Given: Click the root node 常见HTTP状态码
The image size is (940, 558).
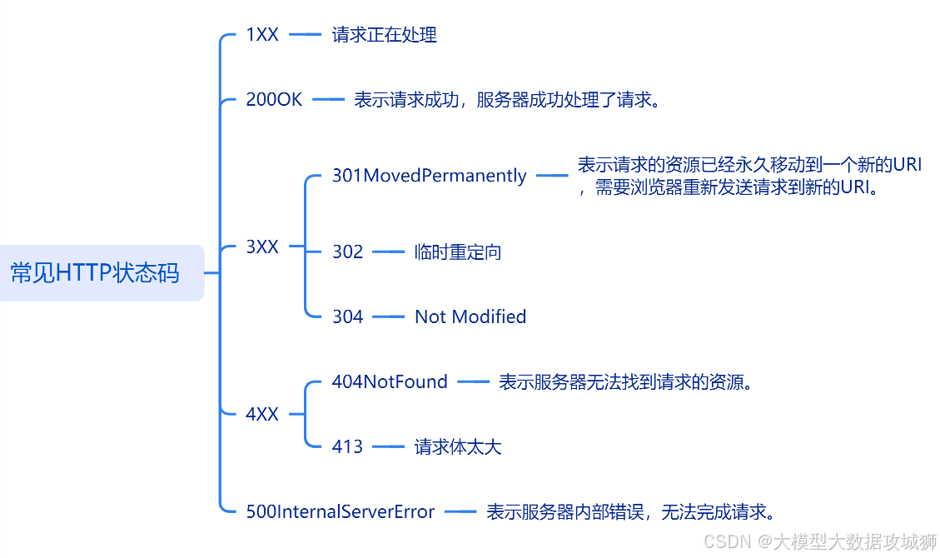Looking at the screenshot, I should tap(95, 273).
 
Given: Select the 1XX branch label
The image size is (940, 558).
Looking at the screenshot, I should tap(262, 35).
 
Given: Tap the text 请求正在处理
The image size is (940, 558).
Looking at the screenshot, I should tap(384, 35).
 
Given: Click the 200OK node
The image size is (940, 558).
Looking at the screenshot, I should tap(274, 100).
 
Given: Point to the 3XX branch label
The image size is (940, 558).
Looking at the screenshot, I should tap(262, 247).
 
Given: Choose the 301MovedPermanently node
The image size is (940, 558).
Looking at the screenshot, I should tap(429, 176).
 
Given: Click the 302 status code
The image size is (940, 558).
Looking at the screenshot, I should tap(347, 252).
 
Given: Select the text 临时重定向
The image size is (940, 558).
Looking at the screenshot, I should tap(458, 252).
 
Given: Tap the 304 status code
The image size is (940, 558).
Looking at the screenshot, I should tap(347, 316).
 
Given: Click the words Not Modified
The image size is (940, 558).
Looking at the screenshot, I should tap(470, 316).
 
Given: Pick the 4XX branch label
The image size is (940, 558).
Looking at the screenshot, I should tap(262, 414).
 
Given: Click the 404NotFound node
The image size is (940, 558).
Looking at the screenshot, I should tap(390, 382).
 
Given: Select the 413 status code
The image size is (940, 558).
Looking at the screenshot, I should tap(347, 447).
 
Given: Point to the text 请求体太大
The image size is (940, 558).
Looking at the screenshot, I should tap(458, 447).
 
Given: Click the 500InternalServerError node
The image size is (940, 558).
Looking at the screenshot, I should tap(340, 512).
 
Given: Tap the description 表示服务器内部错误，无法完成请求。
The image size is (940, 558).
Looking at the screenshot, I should tap(631, 512).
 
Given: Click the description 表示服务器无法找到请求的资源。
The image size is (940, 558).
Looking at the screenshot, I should tap(625, 382).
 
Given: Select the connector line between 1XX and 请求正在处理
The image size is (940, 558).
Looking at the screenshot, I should tap(305, 35).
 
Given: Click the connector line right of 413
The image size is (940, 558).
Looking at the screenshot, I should tap(388, 447).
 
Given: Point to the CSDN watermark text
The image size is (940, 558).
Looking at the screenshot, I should tap(820, 541).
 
